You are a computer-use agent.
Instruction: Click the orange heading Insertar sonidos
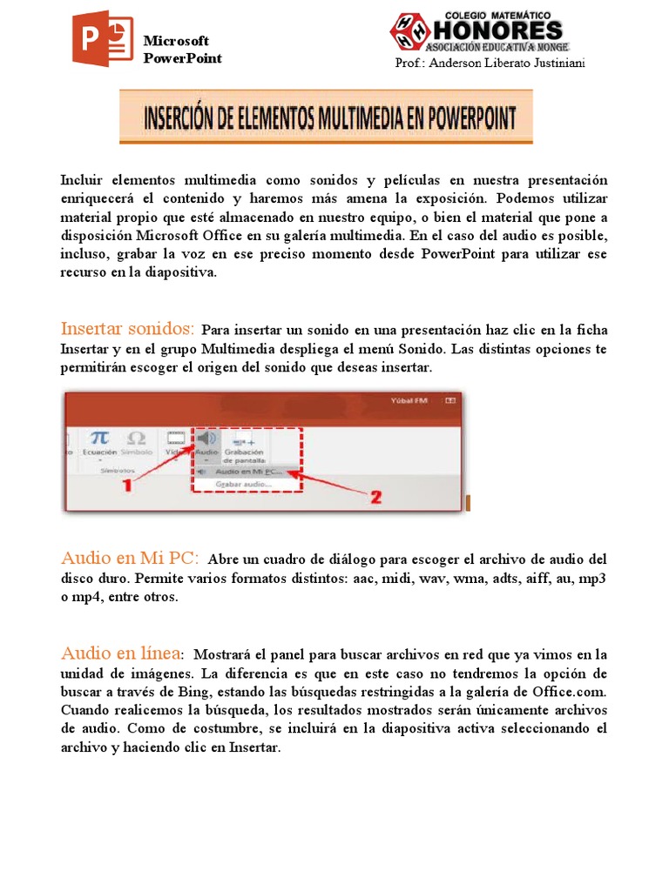(127, 329)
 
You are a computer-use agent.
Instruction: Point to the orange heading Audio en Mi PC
(130, 558)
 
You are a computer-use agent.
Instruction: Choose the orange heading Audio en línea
(121, 653)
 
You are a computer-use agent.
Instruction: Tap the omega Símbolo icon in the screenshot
(136, 439)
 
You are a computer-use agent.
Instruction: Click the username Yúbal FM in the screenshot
(411, 401)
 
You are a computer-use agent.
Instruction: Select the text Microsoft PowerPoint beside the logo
(182, 50)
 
